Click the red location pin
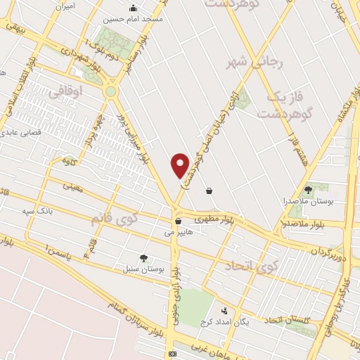pos(181,165)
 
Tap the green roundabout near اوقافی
pos(110,91)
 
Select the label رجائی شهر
pos(254,63)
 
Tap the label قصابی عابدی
pos(20,131)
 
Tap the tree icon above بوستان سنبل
pos(144,259)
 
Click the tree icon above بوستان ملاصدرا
pos(308,189)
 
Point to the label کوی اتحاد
pos(252,266)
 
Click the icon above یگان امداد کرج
pos(224,310)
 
